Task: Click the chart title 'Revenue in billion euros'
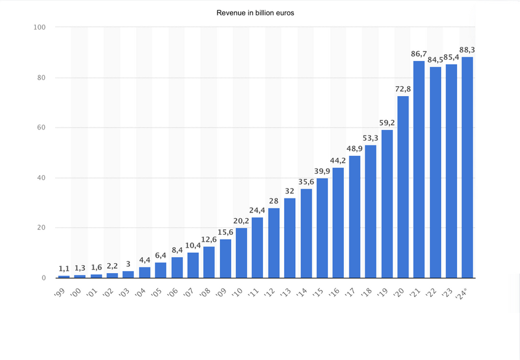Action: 255,13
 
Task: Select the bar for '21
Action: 419,170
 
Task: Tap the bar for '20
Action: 403,187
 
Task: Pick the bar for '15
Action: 322,228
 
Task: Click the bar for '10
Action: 242,253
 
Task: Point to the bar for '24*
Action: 467,168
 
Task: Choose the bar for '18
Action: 371,211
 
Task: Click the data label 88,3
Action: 467,50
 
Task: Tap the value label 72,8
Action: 403,89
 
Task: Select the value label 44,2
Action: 338,161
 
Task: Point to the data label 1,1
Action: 64,269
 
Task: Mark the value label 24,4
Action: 257,210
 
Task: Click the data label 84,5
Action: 435,60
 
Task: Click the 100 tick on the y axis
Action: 39,27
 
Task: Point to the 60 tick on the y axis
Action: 41,128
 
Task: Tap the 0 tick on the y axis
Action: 44,278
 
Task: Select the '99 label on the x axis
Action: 60,293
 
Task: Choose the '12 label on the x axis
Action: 270,292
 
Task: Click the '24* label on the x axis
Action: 462,294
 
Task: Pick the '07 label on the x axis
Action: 189,293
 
